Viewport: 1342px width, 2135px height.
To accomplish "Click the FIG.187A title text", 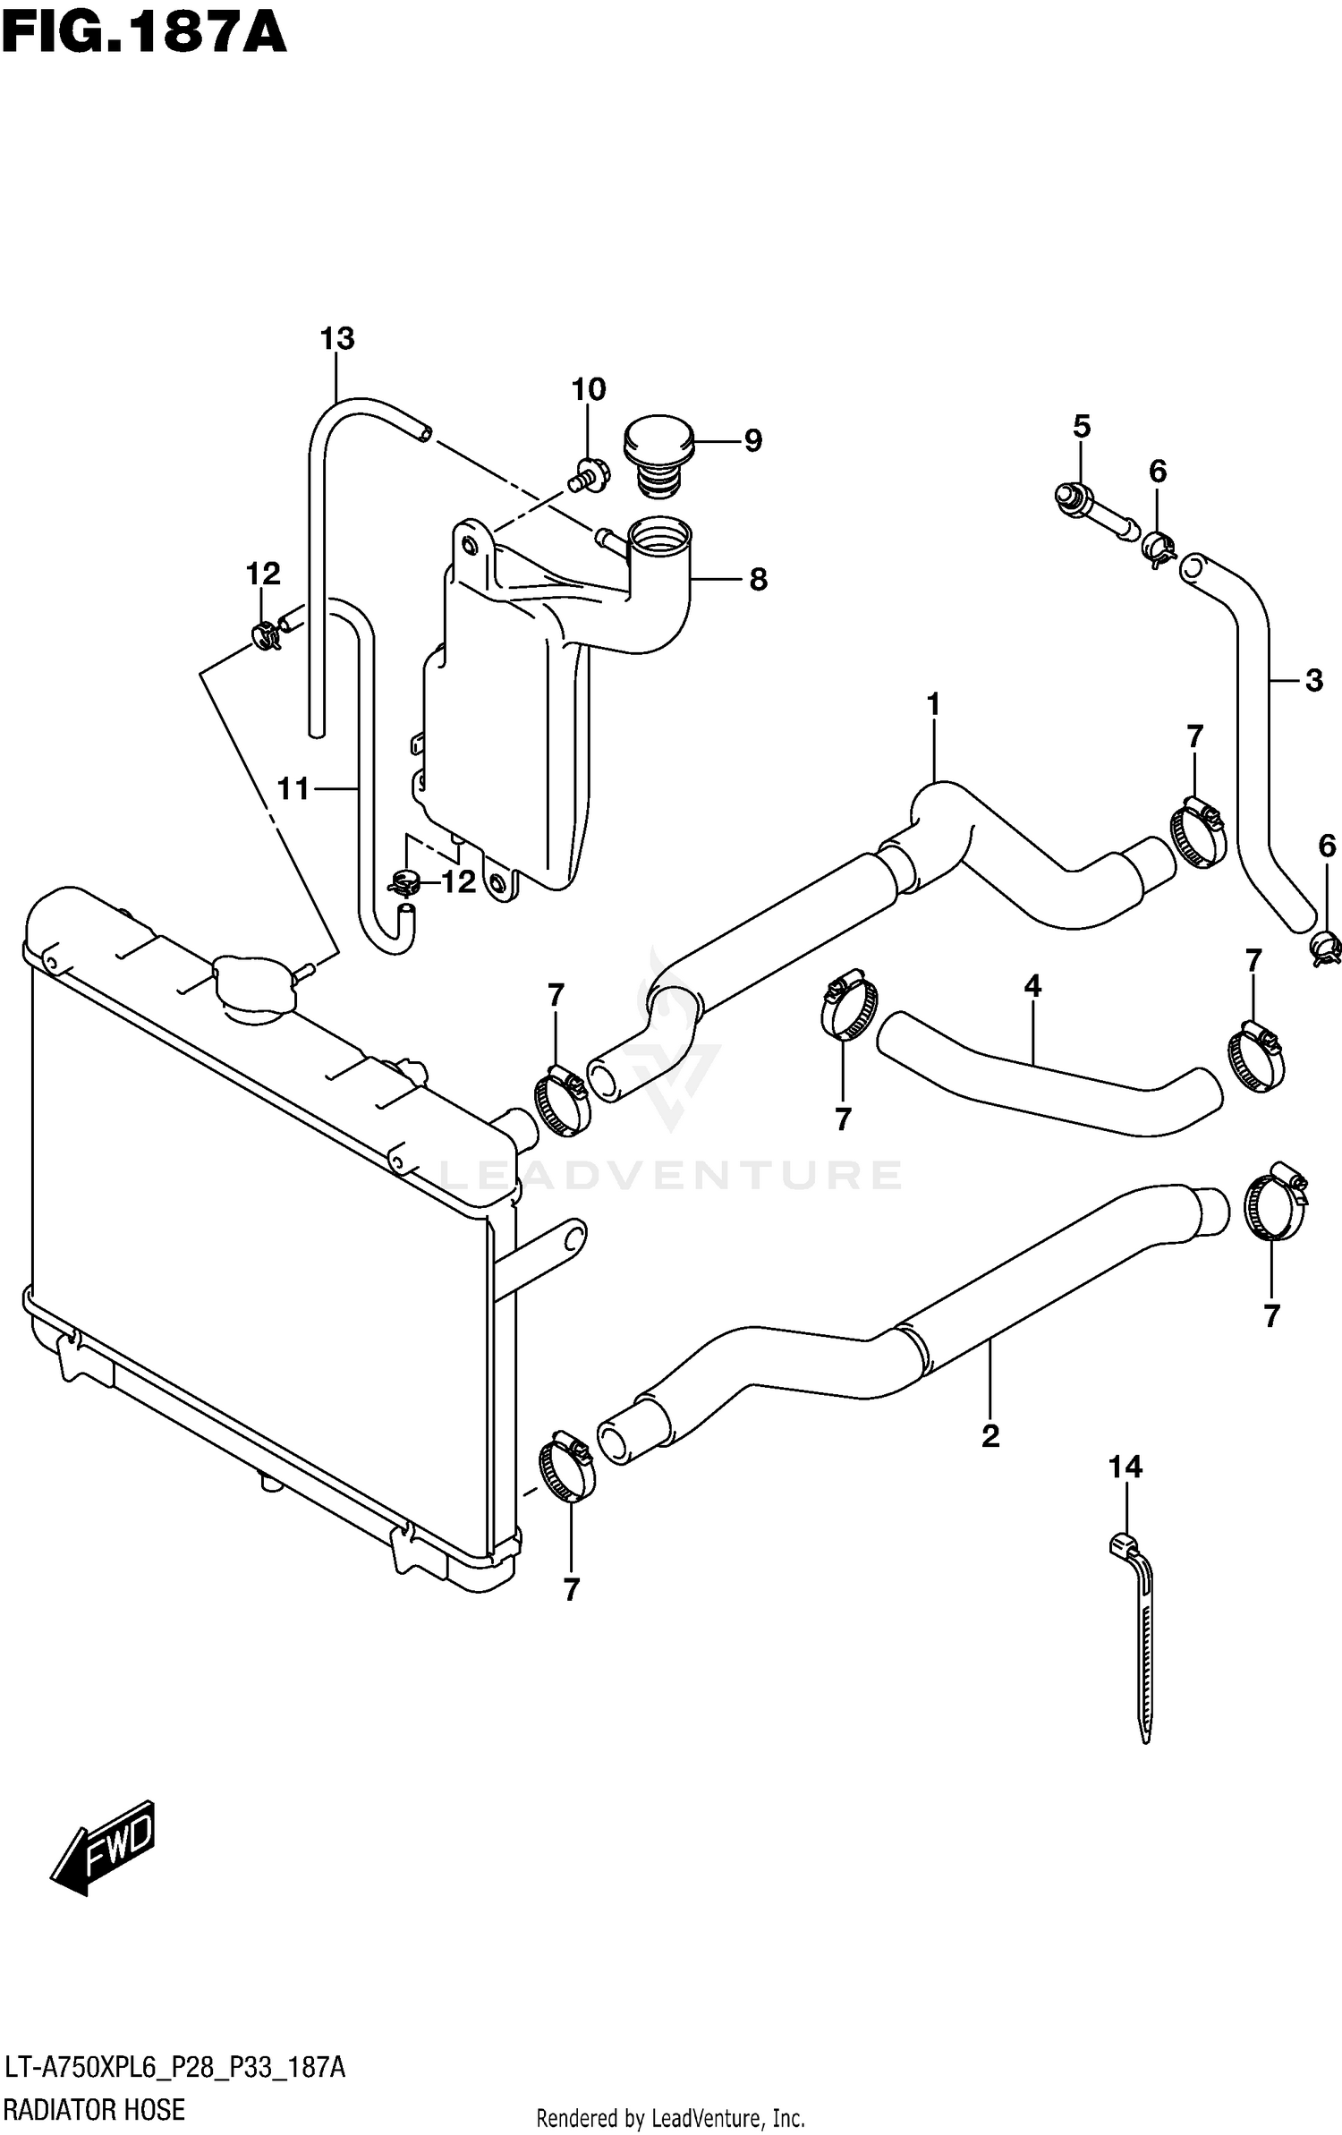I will (143, 36).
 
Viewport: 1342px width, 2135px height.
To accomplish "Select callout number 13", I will (337, 339).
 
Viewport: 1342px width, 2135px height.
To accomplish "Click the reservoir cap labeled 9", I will (658, 452).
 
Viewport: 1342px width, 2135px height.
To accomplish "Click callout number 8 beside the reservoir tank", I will (758, 580).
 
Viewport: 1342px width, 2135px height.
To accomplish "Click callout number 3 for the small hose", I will (1312, 680).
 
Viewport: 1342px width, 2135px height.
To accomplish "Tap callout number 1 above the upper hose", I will (933, 705).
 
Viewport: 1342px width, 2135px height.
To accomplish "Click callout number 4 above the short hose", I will (1032, 987).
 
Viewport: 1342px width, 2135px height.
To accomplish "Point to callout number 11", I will (293, 788).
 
